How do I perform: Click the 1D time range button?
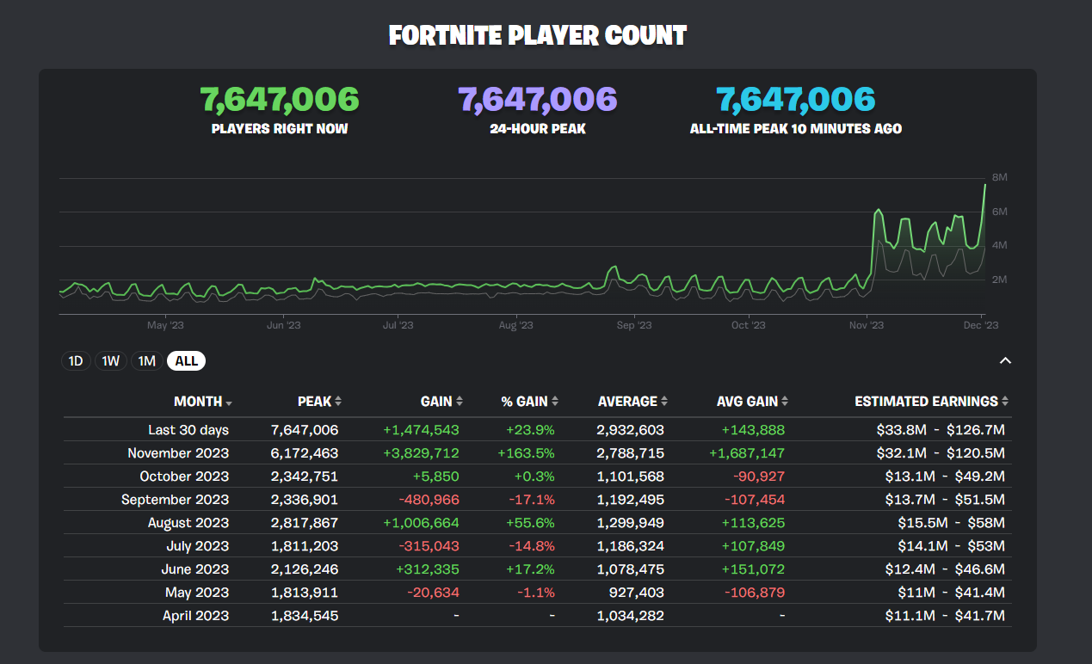click(x=76, y=361)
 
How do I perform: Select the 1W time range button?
click(x=111, y=361)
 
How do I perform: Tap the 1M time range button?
click(x=147, y=361)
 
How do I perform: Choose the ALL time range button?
click(x=186, y=361)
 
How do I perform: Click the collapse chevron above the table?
click(x=1004, y=361)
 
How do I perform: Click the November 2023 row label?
click(x=178, y=453)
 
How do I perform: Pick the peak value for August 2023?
click(x=305, y=523)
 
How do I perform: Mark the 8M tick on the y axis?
click(x=999, y=177)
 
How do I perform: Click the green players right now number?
click(x=280, y=100)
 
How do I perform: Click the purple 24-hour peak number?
click(x=538, y=100)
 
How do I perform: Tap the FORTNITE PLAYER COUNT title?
click(x=538, y=36)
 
